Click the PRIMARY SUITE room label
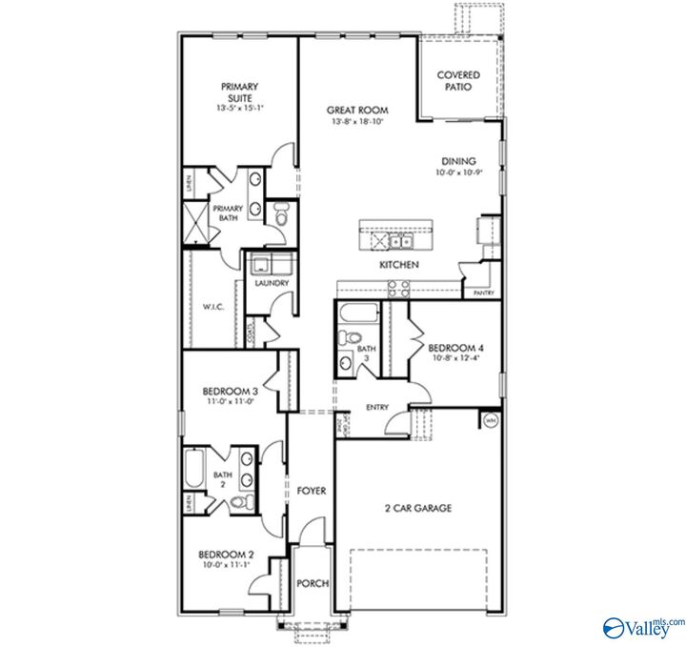click(x=240, y=92)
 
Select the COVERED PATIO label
click(x=458, y=80)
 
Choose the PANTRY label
click(x=484, y=293)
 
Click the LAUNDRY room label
click(x=272, y=283)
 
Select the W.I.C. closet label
click(x=212, y=307)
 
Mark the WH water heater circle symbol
click(x=492, y=419)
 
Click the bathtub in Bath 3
click(x=358, y=313)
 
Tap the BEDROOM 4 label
click(x=454, y=348)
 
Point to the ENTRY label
click(x=377, y=408)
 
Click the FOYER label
click(x=312, y=491)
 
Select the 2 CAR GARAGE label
click(x=418, y=508)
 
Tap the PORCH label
click(x=312, y=583)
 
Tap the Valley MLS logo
click(x=643, y=626)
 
